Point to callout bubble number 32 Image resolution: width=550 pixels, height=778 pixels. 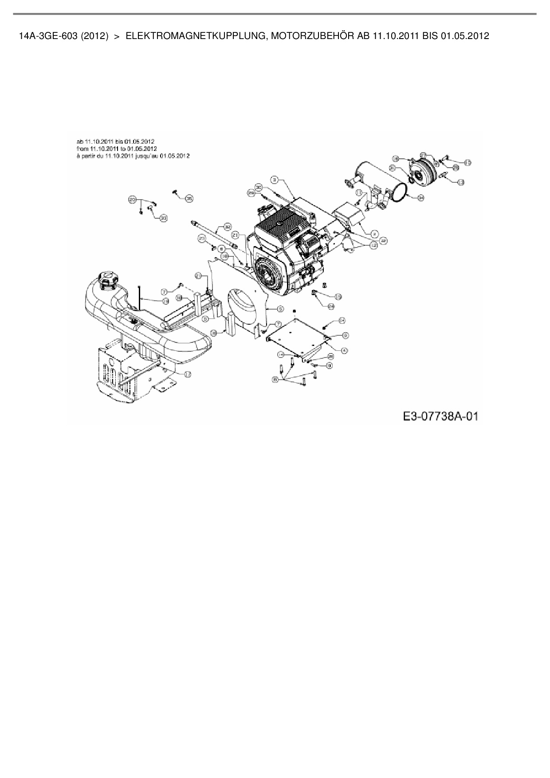pos(228,227)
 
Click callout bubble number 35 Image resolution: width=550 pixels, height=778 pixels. pos(189,199)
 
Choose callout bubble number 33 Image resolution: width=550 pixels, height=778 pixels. pos(164,218)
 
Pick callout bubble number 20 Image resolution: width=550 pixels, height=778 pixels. pos(132,200)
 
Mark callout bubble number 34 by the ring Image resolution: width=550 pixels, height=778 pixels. pos(420,198)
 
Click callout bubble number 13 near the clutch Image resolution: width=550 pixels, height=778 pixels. pos(461,182)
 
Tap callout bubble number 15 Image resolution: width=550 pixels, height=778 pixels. pos(338,296)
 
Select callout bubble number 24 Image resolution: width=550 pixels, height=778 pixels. pos(331,306)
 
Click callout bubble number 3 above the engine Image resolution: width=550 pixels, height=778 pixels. pos(275,180)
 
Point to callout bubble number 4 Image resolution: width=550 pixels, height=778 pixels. pos(345,350)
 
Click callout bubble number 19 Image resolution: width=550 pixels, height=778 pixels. pos(165,301)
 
